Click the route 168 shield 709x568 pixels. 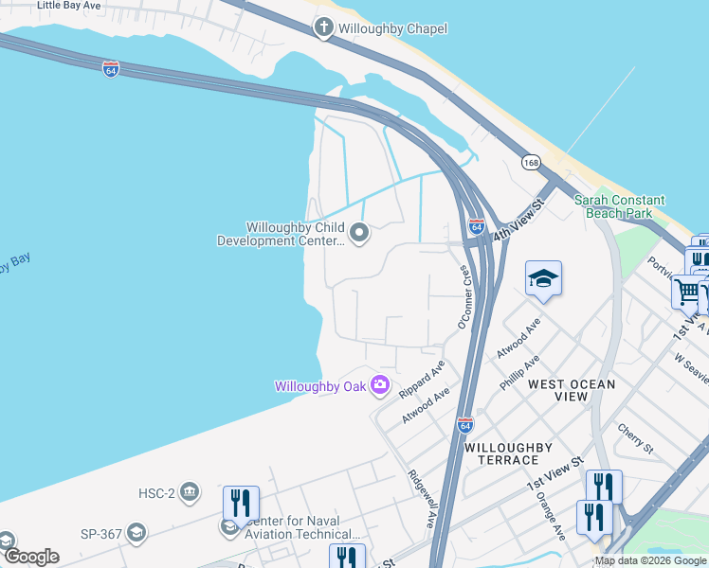(x=531, y=163)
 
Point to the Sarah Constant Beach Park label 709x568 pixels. (x=620, y=207)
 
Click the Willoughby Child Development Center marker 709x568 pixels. (x=359, y=232)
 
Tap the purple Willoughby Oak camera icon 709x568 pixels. (x=380, y=384)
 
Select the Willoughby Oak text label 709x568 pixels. (x=320, y=386)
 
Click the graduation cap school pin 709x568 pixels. (x=543, y=278)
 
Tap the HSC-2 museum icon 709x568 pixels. (x=190, y=490)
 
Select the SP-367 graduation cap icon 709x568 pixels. (x=136, y=534)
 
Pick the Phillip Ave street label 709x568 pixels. (x=519, y=372)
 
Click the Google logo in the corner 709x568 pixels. (x=30, y=557)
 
